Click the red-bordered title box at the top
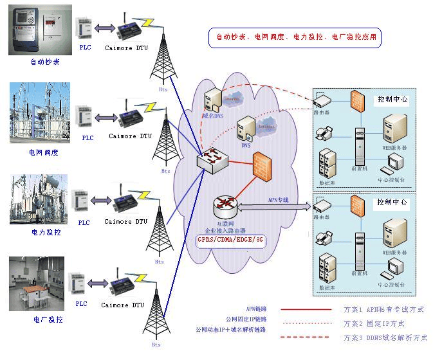pos(295,38)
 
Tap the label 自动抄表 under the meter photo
pos(44,62)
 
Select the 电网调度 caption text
pos(44,152)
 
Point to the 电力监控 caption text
pos(44,231)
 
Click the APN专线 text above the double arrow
pos(278,200)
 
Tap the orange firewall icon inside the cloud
pos(261,163)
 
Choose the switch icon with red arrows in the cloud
pos(210,159)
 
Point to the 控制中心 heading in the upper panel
pos(392,100)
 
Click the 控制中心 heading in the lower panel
pos(392,202)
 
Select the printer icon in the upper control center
pos(324,134)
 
